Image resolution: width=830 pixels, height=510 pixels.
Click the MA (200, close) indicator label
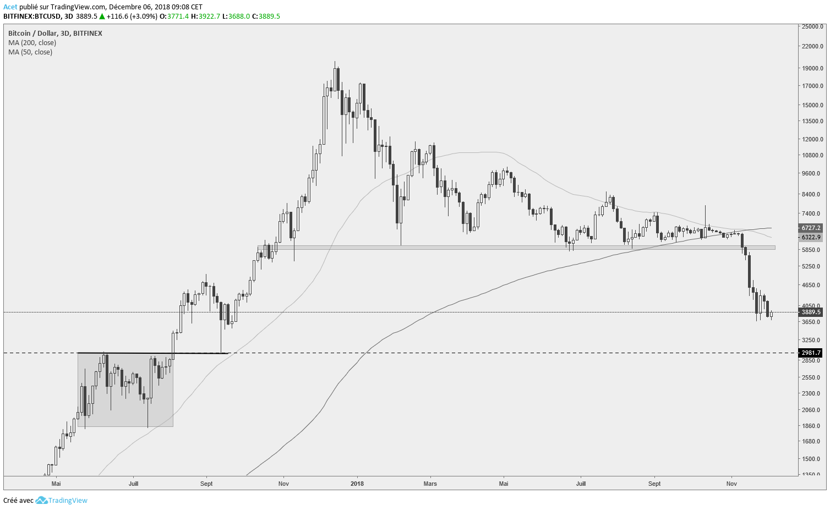point(32,43)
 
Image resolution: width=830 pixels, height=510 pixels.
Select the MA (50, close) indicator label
point(30,52)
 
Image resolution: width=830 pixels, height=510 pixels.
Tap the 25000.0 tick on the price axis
point(812,26)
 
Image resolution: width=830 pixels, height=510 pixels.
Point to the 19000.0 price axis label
point(812,69)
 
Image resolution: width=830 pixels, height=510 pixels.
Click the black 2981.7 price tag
point(811,353)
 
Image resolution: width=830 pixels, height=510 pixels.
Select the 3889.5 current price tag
point(811,312)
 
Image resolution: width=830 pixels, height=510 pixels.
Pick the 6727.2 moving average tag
point(811,228)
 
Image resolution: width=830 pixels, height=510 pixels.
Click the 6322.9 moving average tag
point(811,237)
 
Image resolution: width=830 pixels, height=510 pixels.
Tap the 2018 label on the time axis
point(357,484)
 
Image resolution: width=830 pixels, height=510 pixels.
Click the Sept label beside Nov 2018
point(654,484)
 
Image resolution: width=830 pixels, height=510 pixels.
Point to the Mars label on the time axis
point(430,484)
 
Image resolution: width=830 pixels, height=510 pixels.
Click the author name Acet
point(10,7)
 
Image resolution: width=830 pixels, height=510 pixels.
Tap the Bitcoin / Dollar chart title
point(55,34)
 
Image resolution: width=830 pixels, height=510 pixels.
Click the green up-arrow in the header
point(102,17)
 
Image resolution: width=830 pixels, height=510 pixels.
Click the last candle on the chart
point(772,315)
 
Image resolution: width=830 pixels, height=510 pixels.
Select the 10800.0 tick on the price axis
point(812,156)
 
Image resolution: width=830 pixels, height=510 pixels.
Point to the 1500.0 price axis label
point(812,459)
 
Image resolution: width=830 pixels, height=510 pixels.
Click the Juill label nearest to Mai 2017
point(133,484)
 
